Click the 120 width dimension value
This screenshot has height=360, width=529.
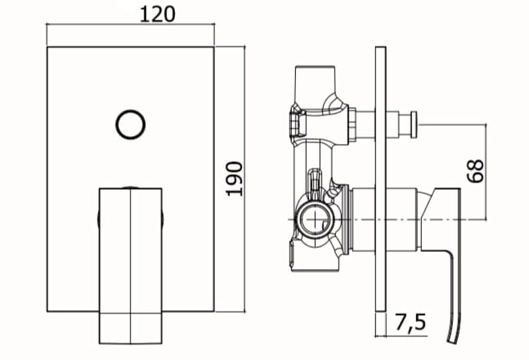[158, 15]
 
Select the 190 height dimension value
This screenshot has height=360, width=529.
[234, 179]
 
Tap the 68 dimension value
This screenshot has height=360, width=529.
[475, 171]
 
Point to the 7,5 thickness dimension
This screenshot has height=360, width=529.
[410, 322]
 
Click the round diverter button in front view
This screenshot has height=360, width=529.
[131, 124]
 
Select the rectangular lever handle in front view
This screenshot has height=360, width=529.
[131, 266]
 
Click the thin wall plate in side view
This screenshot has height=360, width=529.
[380, 179]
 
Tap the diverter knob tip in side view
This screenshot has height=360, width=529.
[414, 124]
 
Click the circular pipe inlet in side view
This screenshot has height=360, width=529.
[316, 219]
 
